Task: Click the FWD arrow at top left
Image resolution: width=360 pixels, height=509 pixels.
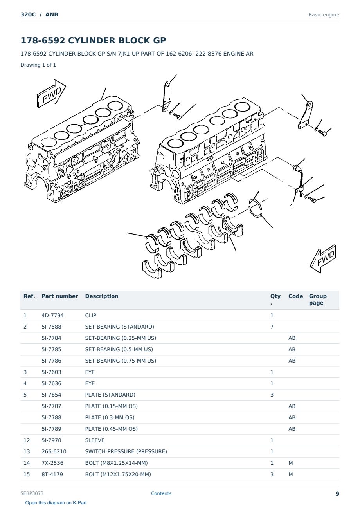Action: pyautogui.click(x=51, y=93)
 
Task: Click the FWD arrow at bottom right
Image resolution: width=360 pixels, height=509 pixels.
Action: pyautogui.click(x=323, y=259)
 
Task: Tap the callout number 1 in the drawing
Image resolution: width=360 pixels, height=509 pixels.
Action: pyautogui.click(x=292, y=206)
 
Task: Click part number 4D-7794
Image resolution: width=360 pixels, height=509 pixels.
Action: pyautogui.click(x=52, y=315)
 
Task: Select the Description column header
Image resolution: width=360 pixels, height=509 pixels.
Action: pyautogui.click(x=101, y=296)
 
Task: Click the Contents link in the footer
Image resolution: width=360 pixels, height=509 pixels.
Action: pyautogui.click(x=161, y=493)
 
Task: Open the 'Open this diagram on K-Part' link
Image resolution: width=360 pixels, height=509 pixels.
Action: pyautogui.click(x=56, y=503)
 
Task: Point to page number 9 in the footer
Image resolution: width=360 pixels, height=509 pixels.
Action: pyautogui.click(x=337, y=494)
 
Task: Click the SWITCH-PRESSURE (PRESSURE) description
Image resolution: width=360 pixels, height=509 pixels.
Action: pyautogui.click(x=126, y=451)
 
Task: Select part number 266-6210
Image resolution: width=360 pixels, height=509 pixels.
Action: pyautogui.click(x=54, y=451)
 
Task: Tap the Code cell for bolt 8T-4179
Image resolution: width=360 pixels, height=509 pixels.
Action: pyautogui.click(x=290, y=474)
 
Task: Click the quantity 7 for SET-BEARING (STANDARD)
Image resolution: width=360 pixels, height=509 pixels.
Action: pyautogui.click(x=272, y=327)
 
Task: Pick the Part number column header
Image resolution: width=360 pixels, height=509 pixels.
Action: pyautogui.click(x=60, y=296)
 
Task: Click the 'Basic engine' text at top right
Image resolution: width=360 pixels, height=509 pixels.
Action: pyautogui.click(x=324, y=15)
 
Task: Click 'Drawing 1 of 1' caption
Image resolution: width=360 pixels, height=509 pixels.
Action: pyautogui.click(x=38, y=65)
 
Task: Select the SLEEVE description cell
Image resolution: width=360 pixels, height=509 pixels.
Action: pyautogui.click(x=95, y=440)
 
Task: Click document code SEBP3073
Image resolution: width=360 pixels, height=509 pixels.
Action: pyautogui.click(x=32, y=493)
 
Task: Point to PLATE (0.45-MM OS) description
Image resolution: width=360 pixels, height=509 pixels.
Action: pyautogui.click(x=111, y=429)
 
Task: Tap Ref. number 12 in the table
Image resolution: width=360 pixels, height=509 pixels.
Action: pyautogui.click(x=27, y=440)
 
